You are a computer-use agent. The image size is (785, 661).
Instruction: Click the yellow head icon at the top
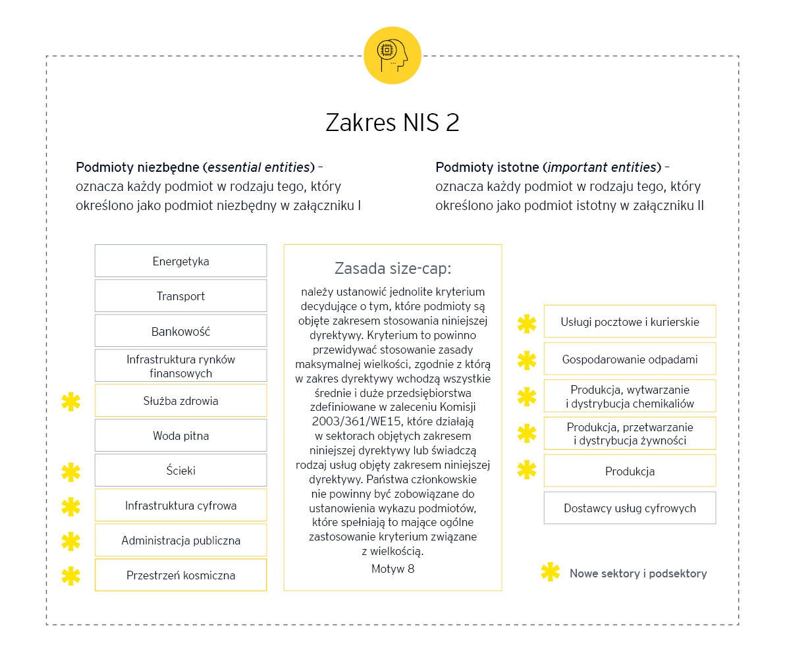[x=392, y=56]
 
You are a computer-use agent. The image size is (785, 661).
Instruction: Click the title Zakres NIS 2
[x=392, y=122]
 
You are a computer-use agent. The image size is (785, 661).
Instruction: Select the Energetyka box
[x=180, y=261]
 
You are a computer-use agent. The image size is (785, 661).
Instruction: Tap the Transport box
[x=180, y=296]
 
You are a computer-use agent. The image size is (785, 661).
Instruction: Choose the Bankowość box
[x=180, y=331]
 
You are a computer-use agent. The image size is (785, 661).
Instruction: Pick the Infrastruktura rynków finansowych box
[x=180, y=366]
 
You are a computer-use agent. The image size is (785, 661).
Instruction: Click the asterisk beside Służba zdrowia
[x=70, y=401]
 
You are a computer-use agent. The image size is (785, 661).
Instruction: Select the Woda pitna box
[x=180, y=436]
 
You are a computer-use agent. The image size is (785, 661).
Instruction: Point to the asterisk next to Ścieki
[x=70, y=471]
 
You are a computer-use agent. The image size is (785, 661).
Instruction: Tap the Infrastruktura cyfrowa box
[x=180, y=506]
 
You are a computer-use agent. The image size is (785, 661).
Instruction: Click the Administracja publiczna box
[x=180, y=541]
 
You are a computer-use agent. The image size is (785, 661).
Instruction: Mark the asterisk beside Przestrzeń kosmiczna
[x=70, y=576]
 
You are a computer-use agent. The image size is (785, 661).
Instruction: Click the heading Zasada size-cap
[x=392, y=269]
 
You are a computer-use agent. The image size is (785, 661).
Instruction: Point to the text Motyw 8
[x=392, y=568]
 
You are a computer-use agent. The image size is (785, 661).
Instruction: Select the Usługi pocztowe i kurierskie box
[x=630, y=322]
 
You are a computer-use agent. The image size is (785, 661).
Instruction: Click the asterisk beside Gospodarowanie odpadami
[x=527, y=360]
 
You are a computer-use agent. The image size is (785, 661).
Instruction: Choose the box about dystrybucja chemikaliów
[x=630, y=396]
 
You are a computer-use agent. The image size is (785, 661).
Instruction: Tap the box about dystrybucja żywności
[x=630, y=434]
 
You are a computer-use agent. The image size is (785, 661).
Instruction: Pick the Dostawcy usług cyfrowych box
[x=630, y=508]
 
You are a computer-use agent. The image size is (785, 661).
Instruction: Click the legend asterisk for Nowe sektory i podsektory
[x=550, y=573]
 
